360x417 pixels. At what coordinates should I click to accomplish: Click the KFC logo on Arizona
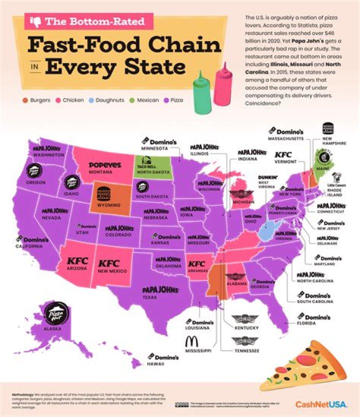pyautogui.click(x=77, y=261)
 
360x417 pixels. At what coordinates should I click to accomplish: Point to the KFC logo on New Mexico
pyautogui.click(x=108, y=263)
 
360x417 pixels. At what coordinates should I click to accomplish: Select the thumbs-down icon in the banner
pyautogui.click(x=35, y=21)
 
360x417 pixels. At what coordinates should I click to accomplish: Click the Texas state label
pyautogui.click(x=154, y=297)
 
